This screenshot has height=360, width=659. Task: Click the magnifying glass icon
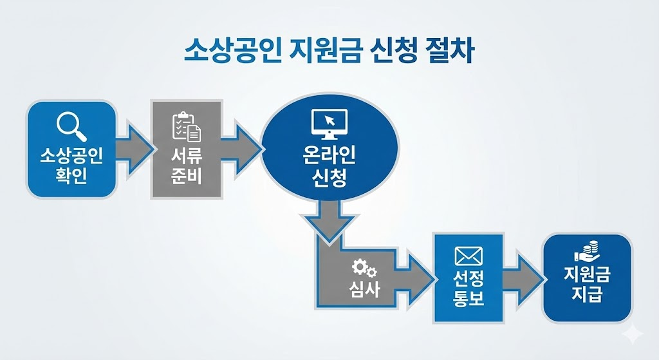[71, 125]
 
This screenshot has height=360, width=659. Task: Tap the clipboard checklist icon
[186, 126]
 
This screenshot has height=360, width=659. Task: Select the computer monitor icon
[329, 123]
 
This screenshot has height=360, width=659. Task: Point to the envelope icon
[468, 256]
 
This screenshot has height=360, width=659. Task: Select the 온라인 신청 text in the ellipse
[329, 166]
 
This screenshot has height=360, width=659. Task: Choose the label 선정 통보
[468, 288]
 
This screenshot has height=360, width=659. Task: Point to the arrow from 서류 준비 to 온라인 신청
[241, 147]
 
